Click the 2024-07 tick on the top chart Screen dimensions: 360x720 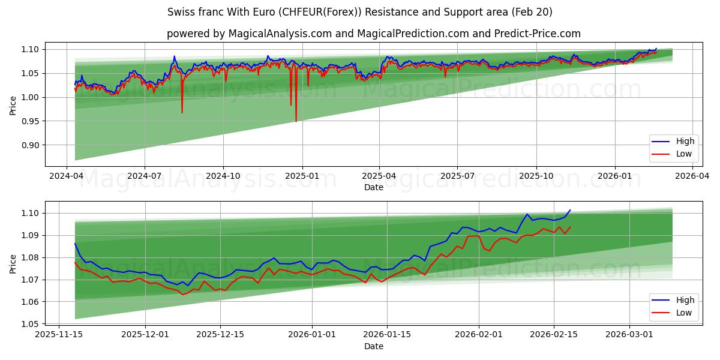tap(145, 177)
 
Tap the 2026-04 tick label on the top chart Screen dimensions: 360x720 tap(692, 177)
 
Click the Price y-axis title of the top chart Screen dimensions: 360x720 tap(13, 106)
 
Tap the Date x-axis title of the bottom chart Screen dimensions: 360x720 tap(373, 346)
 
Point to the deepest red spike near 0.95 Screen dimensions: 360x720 tap(296, 121)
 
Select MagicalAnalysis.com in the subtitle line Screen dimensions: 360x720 tap(280, 34)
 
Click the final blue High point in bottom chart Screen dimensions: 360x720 tap(570, 211)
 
